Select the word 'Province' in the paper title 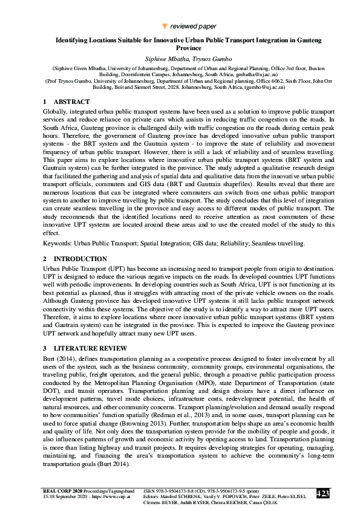pyautogui.click(x=180, y=47)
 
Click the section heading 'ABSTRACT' pyautogui.click(x=72, y=102)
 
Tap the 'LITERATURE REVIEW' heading pyautogui.click(x=90, y=348)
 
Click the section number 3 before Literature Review pyautogui.click(x=44, y=348)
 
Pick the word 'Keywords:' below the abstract pyautogui.click(x=57, y=243)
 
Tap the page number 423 pyautogui.click(x=322, y=494)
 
